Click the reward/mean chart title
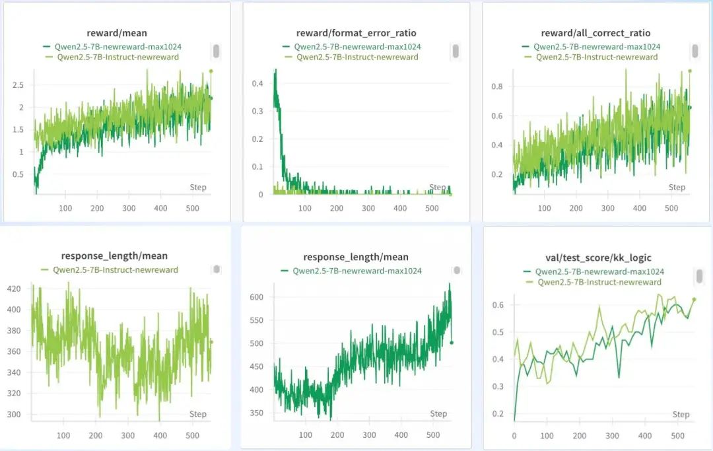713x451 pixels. [x=117, y=33]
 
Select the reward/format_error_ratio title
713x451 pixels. [x=356, y=33]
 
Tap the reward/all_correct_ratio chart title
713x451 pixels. [x=595, y=33]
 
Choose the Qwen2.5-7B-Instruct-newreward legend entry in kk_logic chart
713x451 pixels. [x=599, y=282]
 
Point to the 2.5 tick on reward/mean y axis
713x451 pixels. [x=18, y=85]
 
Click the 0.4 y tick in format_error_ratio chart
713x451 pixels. [x=258, y=83]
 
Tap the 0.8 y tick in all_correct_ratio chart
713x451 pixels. [x=497, y=87]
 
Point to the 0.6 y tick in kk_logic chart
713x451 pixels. [x=499, y=304]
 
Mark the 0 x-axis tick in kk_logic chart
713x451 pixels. [x=514, y=436]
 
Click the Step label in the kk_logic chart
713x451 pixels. [x=681, y=415]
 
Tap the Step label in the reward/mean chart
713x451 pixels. [x=198, y=188]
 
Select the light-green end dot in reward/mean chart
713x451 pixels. [x=211, y=71]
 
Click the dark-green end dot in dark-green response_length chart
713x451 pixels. [x=451, y=342]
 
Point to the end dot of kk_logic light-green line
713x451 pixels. [x=694, y=299]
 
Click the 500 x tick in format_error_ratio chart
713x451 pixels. [x=432, y=209]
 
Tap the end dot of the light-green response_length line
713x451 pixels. [x=211, y=341]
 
